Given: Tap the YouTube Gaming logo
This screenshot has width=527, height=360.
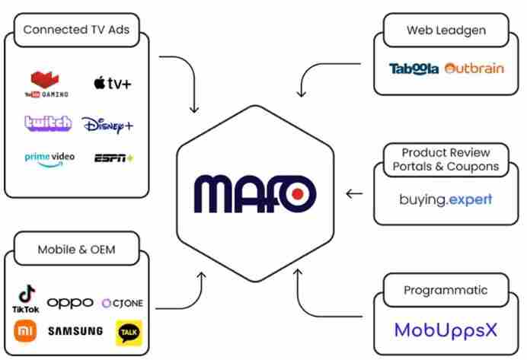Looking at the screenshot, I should tap(46, 84).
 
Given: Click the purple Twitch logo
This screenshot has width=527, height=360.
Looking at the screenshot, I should tap(48, 123).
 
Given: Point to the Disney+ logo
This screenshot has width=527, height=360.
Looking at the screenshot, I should tap(107, 124).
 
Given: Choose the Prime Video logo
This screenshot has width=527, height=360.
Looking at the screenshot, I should tap(50, 158).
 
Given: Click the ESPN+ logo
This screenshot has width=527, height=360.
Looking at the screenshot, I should tap(113, 158).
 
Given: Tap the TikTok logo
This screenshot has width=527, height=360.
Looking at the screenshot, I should tap(26, 298).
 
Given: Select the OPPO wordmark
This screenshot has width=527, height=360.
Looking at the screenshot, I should tap(70, 303).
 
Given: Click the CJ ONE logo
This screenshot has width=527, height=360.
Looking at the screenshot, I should tap(122, 304).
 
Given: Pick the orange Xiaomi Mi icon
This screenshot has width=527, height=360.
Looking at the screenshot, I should tap(26, 332).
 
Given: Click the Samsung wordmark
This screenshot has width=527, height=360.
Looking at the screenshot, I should tap(75, 332).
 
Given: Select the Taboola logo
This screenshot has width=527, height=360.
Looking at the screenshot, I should tap(414, 68).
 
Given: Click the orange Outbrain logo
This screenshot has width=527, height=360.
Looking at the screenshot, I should tap(474, 68).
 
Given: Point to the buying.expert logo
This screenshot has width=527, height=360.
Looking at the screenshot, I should tap(446, 200).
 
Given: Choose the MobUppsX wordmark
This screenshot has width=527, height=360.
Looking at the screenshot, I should tap(446, 330).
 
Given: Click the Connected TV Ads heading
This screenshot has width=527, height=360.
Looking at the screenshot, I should tap(76, 30).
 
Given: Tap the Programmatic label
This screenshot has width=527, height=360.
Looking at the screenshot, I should tap(446, 290).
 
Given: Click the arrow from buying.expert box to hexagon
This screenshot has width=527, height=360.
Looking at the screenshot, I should tap(354, 193).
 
